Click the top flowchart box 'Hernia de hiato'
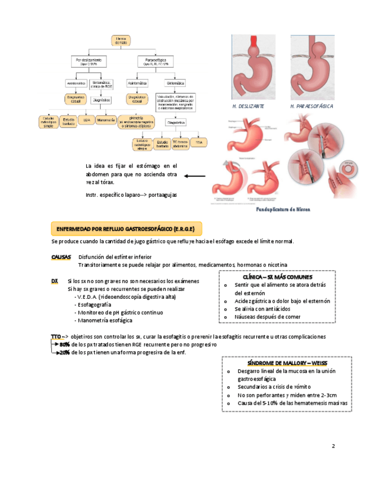(x=121, y=40)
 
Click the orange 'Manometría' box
(x=105, y=119)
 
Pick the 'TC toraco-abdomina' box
(x=180, y=143)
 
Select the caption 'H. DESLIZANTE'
(x=248, y=107)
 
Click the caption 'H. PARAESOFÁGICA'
(x=312, y=107)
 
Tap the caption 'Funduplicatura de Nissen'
(x=283, y=209)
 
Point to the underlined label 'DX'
(x=55, y=281)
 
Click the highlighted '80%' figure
(x=65, y=344)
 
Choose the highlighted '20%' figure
(x=65, y=352)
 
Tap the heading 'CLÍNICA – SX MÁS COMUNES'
(x=277, y=277)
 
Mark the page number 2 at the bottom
(x=334, y=446)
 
